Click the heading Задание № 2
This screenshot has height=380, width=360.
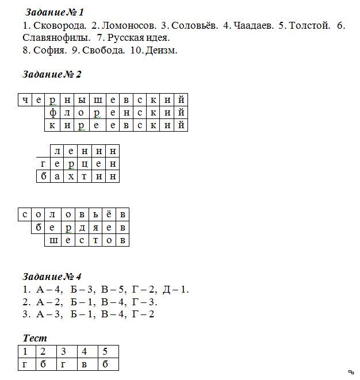[x=52, y=75]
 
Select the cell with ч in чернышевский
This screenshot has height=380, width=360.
[x=25, y=100]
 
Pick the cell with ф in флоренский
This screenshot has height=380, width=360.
[x=52, y=113]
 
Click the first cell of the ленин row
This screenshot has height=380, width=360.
[x=57, y=151]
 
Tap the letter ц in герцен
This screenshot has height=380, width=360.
[x=85, y=164]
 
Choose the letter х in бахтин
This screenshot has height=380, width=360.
[x=71, y=176]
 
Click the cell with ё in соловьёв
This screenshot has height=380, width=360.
[x=108, y=214]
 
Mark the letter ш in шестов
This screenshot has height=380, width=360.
[x=52, y=240]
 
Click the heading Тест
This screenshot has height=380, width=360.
[x=35, y=339]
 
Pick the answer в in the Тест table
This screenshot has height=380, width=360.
[x=84, y=364]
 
